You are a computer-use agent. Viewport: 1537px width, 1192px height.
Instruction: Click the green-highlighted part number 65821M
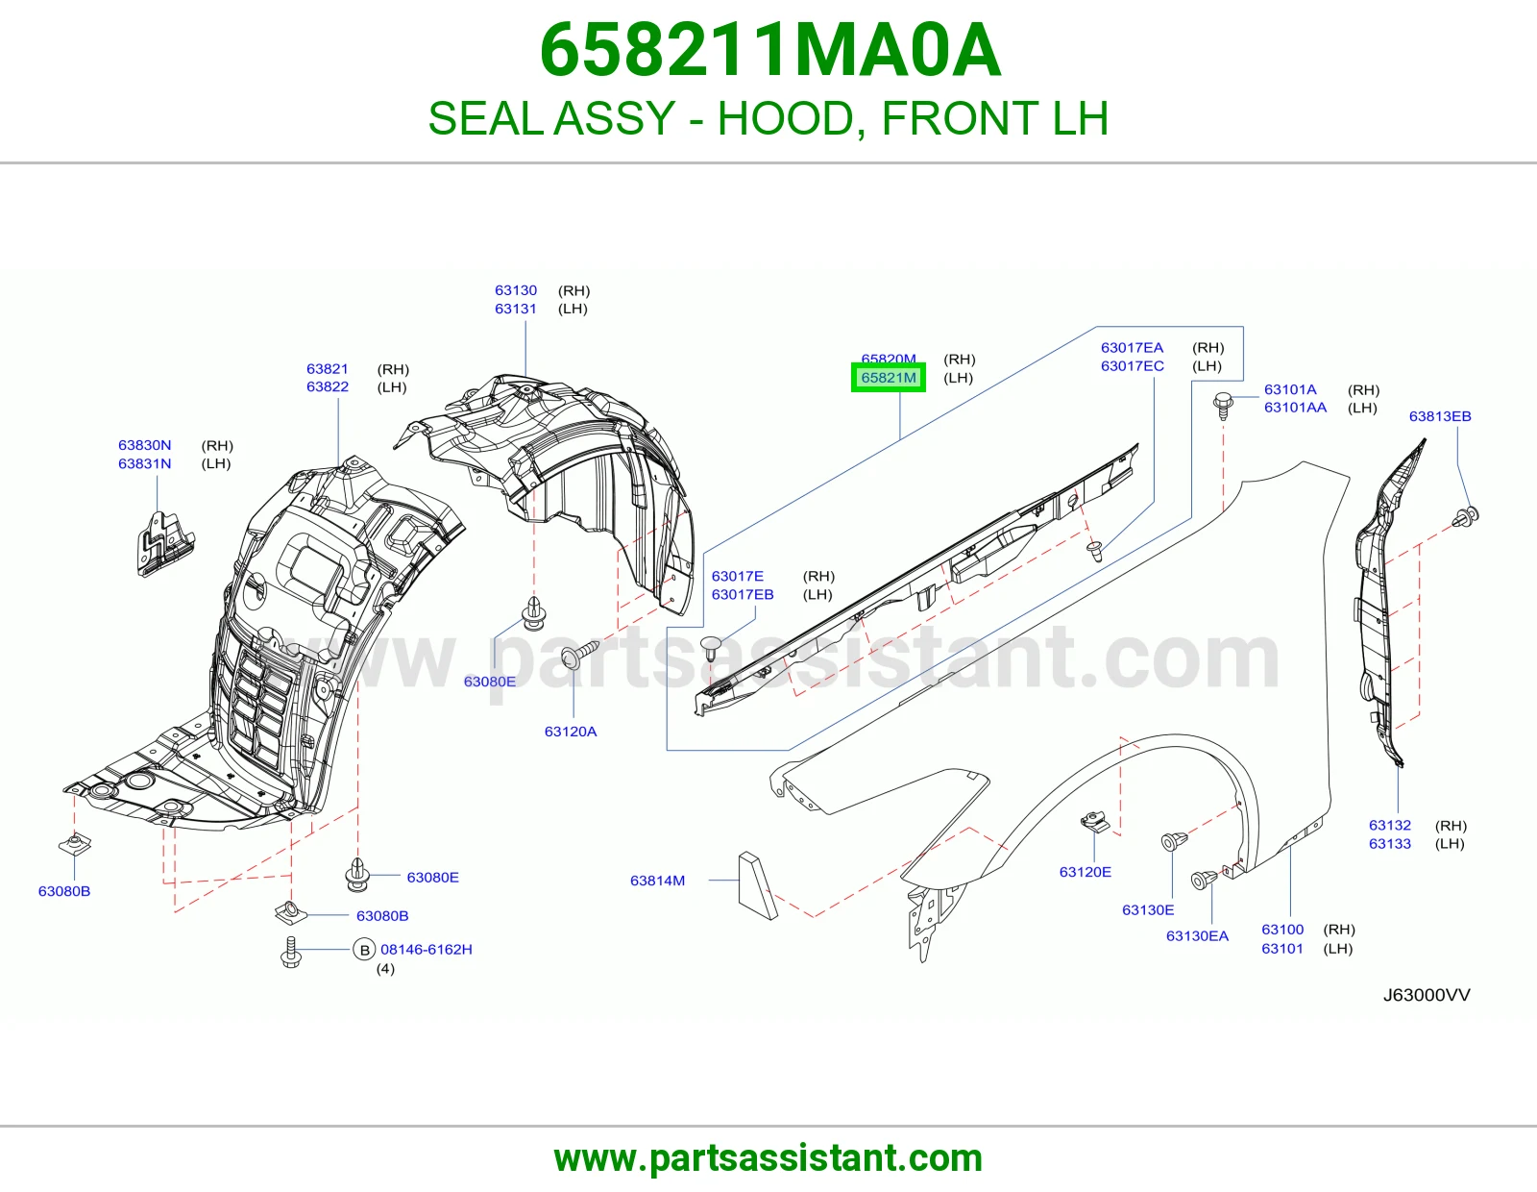(x=888, y=377)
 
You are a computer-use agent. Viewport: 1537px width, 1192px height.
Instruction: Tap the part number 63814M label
(x=657, y=881)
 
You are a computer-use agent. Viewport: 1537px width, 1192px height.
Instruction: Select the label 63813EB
(x=1439, y=416)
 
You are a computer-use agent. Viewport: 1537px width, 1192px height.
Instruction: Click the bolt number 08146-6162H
(x=426, y=949)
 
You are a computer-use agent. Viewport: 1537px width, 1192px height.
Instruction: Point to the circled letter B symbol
(x=364, y=949)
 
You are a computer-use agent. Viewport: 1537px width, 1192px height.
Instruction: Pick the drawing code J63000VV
(x=1426, y=995)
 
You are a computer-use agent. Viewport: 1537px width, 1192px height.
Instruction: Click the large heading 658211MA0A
(x=769, y=50)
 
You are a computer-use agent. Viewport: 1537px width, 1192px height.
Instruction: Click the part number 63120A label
(x=570, y=732)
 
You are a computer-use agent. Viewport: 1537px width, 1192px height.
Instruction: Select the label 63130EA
(x=1197, y=935)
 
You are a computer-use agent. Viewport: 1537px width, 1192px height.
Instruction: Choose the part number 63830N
(x=144, y=445)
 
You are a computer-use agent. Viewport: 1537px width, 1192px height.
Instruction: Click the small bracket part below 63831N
(x=165, y=543)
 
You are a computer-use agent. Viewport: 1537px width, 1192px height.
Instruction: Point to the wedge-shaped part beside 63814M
(x=757, y=885)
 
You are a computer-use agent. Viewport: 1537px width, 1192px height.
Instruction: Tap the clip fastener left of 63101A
(x=1223, y=406)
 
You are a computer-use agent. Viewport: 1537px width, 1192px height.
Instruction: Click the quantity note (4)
(x=385, y=968)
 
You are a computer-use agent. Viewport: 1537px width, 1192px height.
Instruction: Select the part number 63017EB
(x=742, y=595)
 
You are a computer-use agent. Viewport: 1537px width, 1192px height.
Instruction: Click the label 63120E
(x=1085, y=872)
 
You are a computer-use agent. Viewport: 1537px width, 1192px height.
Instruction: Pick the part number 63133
(x=1389, y=844)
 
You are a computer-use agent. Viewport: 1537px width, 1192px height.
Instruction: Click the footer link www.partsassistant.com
(x=768, y=1158)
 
